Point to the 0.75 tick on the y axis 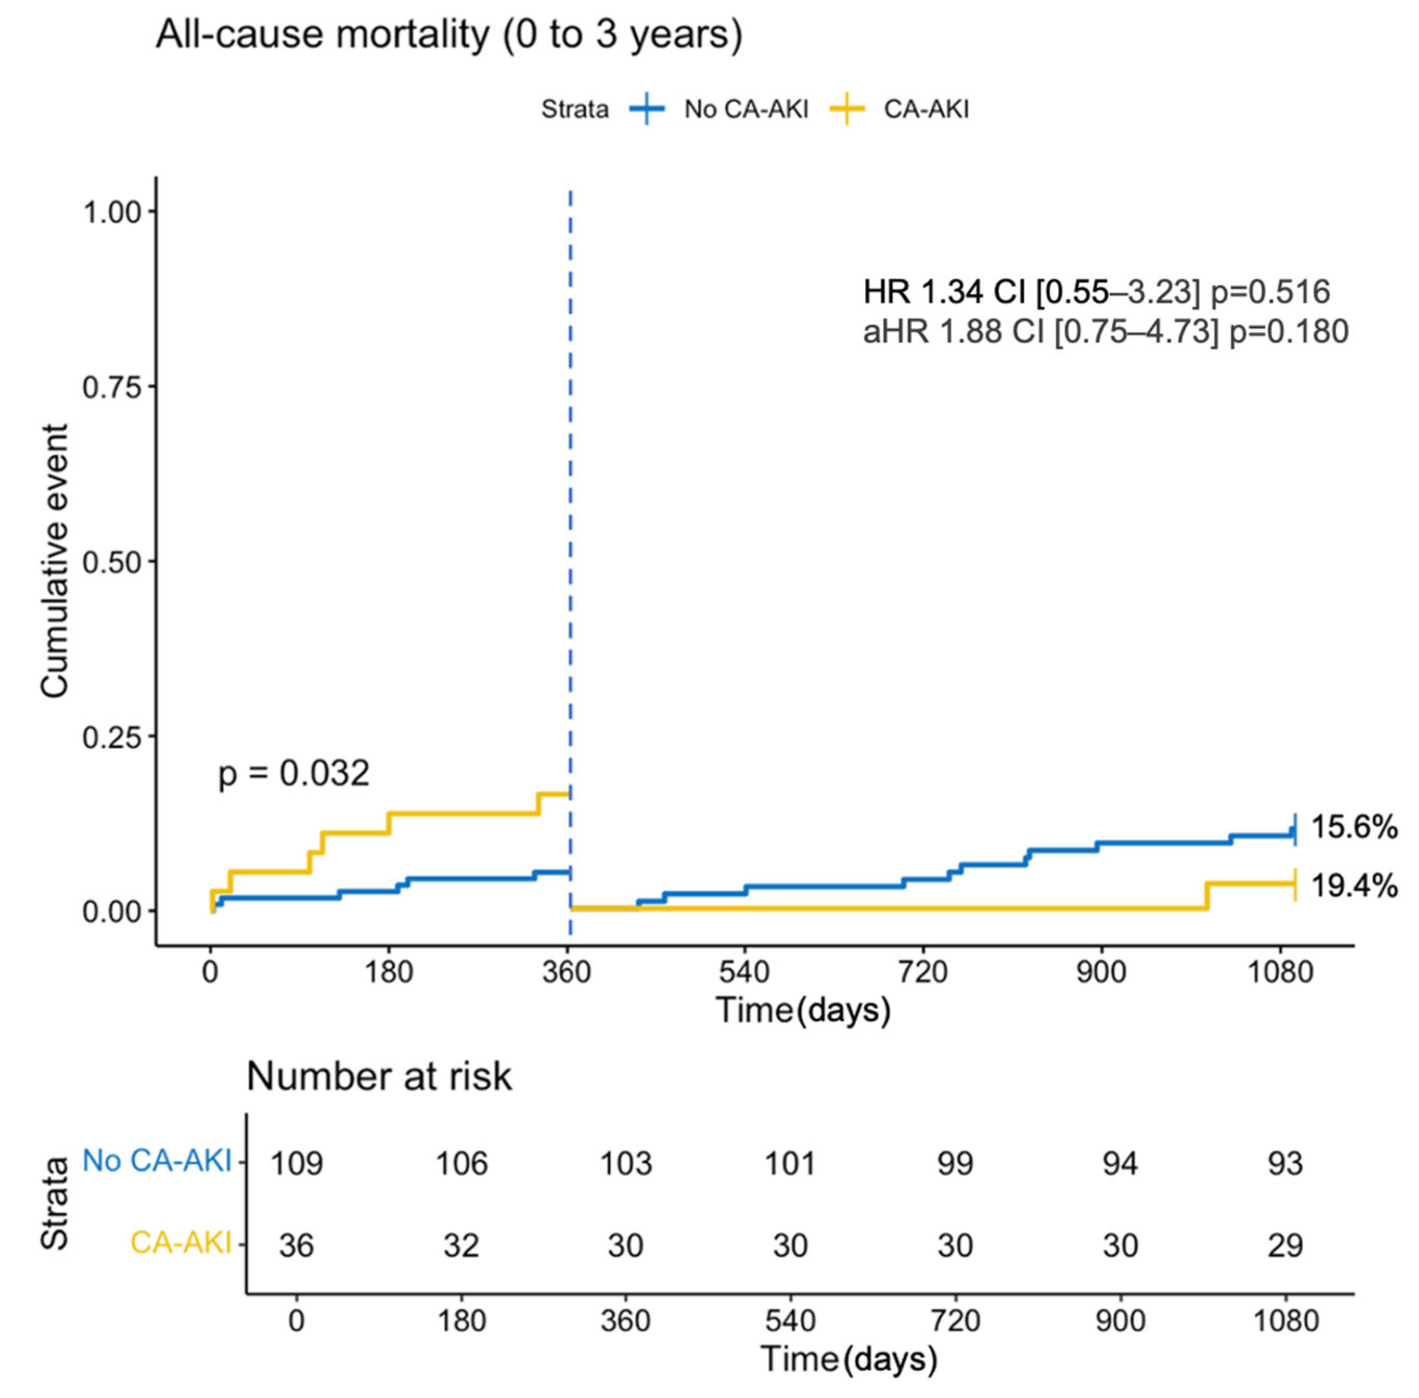click(x=111, y=387)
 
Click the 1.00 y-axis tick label click(x=111, y=212)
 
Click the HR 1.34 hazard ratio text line click(x=1096, y=292)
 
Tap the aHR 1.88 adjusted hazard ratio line click(x=1105, y=332)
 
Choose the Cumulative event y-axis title click(x=55, y=561)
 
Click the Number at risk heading click(x=379, y=1077)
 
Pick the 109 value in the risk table click(x=296, y=1163)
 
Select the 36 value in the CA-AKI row click(x=296, y=1245)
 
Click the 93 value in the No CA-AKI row click(x=1285, y=1163)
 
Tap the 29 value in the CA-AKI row click(x=1285, y=1245)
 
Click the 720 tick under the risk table click(x=955, y=1321)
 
